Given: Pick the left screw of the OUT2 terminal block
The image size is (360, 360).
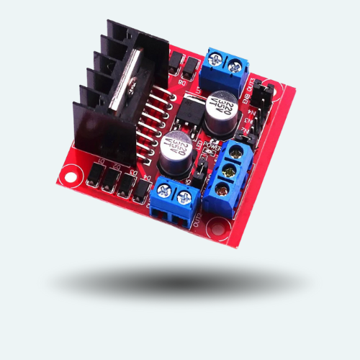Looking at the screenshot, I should [164, 193].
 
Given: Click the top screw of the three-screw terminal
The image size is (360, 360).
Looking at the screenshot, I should [234, 153].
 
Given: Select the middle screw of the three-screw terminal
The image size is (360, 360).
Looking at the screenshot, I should [229, 171].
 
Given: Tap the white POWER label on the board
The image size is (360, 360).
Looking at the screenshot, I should [213, 143].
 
